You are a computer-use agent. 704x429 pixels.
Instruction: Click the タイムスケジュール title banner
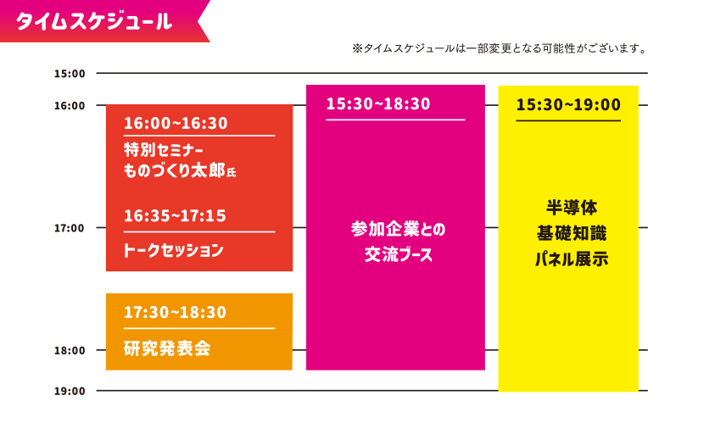[x=94, y=20]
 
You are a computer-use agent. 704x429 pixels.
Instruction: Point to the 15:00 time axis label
[x=70, y=74]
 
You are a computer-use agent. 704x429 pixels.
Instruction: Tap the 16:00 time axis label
[x=70, y=106]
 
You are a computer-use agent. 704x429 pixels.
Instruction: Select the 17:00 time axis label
[x=70, y=228]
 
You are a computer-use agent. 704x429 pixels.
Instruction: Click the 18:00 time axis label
[x=70, y=350]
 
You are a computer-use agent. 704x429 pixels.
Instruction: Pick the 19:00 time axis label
[x=70, y=391]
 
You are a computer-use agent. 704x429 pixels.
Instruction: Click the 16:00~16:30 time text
[x=176, y=124]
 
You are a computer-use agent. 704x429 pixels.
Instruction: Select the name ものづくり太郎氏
[x=179, y=171]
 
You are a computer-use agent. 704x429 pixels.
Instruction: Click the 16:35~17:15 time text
[x=175, y=216]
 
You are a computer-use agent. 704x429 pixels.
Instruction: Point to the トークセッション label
[x=173, y=250]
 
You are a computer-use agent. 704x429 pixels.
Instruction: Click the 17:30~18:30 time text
[x=175, y=313]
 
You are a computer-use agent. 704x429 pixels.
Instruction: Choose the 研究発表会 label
[x=166, y=348]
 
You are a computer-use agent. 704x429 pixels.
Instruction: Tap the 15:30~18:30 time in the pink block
[x=378, y=104]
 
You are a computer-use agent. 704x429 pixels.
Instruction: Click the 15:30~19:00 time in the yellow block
[x=568, y=105]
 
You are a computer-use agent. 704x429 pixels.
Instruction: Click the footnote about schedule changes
[x=500, y=47]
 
